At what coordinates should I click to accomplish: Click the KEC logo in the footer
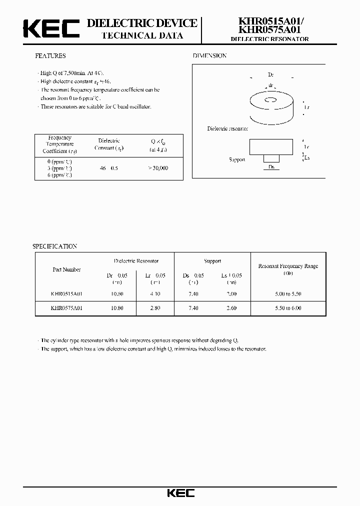[x=180, y=493]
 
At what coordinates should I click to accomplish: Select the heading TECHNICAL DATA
[x=142, y=35]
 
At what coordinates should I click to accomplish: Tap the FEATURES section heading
[x=50, y=56]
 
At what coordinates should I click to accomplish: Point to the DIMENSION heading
[x=209, y=56]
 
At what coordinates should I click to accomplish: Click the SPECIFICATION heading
[x=54, y=246]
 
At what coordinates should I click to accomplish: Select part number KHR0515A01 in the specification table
[x=66, y=294]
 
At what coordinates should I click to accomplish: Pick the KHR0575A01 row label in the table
[x=66, y=308]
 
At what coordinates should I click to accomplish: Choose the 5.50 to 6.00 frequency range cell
[x=288, y=308]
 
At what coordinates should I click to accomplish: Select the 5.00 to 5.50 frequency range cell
[x=288, y=294]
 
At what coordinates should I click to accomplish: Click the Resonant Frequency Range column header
[x=288, y=266]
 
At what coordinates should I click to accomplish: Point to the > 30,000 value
[x=158, y=168]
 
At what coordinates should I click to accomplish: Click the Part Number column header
[x=66, y=269]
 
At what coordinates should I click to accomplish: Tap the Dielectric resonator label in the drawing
[x=227, y=129]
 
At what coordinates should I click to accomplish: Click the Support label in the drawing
[x=237, y=159]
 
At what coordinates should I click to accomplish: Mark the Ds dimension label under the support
[x=271, y=166]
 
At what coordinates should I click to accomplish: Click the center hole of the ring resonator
[x=271, y=102]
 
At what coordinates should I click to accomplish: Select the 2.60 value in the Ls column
[x=231, y=308]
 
